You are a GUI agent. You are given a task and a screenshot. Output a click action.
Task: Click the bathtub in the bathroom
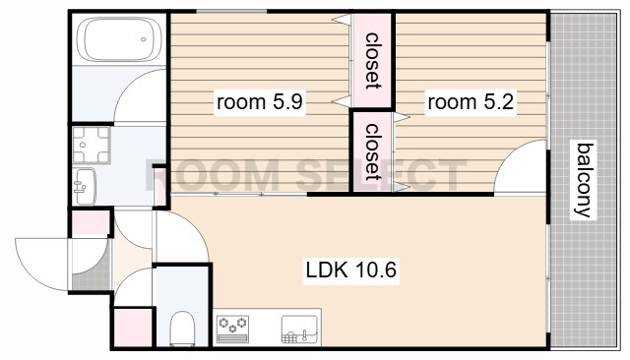coord(119,39)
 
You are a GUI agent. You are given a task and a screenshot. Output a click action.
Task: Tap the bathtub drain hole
coord(144,39)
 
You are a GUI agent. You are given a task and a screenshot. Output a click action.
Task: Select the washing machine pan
coord(92,145)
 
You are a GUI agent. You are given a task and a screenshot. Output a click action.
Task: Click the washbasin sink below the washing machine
coord(85,186)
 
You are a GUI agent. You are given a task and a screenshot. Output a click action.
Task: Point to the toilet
coord(182,329)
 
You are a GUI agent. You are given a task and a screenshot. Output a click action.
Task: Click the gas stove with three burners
coord(232,330)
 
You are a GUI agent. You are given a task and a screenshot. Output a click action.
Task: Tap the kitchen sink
coord(299,330)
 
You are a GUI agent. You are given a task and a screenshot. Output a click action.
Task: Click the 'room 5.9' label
coord(260,102)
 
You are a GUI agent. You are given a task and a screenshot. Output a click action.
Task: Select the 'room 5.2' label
coord(471,102)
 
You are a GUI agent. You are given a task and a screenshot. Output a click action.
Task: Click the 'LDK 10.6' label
coord(351,270)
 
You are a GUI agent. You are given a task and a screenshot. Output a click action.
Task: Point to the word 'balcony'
coord(584,180)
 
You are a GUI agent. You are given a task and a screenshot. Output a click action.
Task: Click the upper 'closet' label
coord(373,61)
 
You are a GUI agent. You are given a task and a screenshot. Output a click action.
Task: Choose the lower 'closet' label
coord(373,152)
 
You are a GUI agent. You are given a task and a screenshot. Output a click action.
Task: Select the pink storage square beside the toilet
coord(132,328)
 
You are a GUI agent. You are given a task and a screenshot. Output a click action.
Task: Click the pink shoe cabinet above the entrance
coord(90,222)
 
